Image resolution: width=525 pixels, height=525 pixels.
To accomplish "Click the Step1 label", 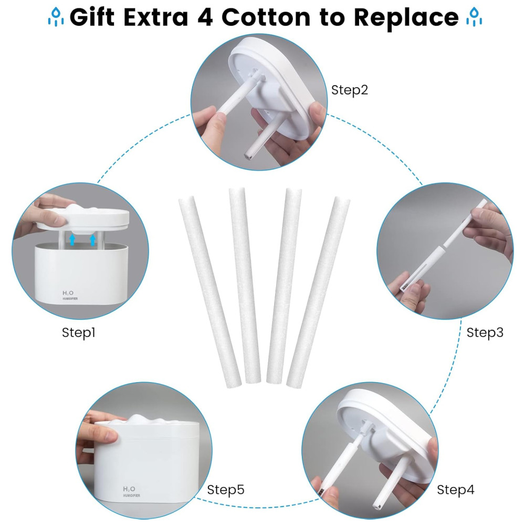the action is (79, 332).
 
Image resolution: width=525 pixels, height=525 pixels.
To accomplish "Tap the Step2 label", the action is (350, 90).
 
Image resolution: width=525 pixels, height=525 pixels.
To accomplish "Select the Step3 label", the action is (485, 332).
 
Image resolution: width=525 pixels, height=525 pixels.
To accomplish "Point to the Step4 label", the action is (456, 489).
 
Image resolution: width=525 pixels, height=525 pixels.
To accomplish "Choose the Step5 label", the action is (226, 489).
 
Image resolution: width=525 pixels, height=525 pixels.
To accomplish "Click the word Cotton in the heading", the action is (266, 17).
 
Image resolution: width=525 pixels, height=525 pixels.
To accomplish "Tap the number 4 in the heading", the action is (205, 17).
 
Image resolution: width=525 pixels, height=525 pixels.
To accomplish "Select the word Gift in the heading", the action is (92, 17).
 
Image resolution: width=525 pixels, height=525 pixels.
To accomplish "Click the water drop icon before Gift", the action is (56, 17).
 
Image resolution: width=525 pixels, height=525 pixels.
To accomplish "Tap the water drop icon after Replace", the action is (474, 17).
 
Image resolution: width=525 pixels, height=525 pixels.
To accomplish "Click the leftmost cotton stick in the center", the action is (209, 292).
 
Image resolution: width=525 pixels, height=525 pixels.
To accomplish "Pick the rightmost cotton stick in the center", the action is (319, 292).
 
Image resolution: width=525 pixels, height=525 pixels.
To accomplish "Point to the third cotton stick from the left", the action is (284, 286).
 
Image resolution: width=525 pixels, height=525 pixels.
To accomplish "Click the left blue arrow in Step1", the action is (72, 240).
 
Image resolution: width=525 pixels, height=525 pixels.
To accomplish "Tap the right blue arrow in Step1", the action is (93, 240).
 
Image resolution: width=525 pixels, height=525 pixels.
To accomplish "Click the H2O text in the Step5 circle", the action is (129, 489).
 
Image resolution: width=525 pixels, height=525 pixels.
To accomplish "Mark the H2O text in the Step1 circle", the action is (68, 293).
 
